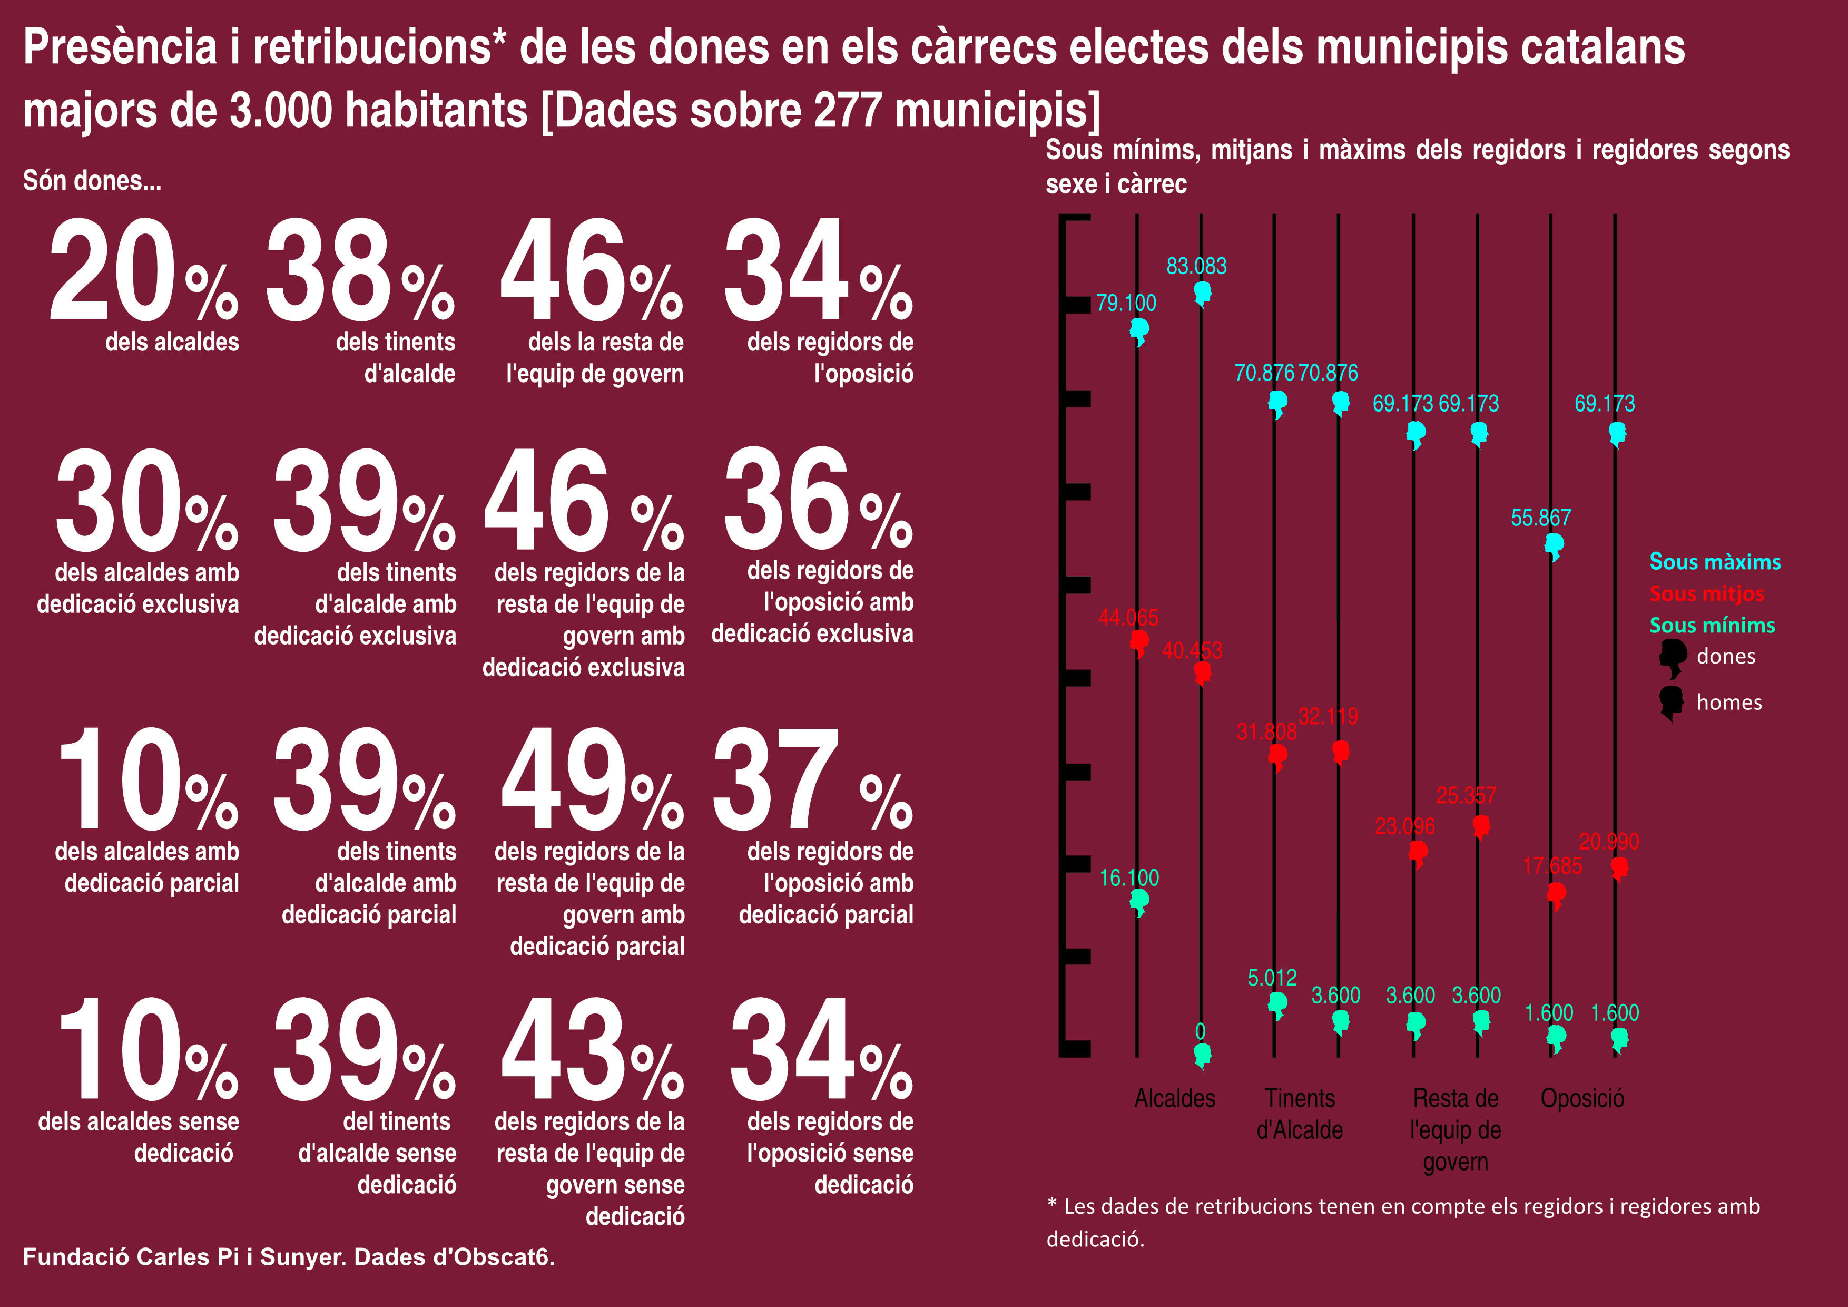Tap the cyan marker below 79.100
[1139, 330]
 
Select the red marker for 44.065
[1139, 642]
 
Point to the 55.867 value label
[1540, 518]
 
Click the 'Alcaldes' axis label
[1174, 1098]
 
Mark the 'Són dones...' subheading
[92, 180]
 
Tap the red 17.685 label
[1552, 866]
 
